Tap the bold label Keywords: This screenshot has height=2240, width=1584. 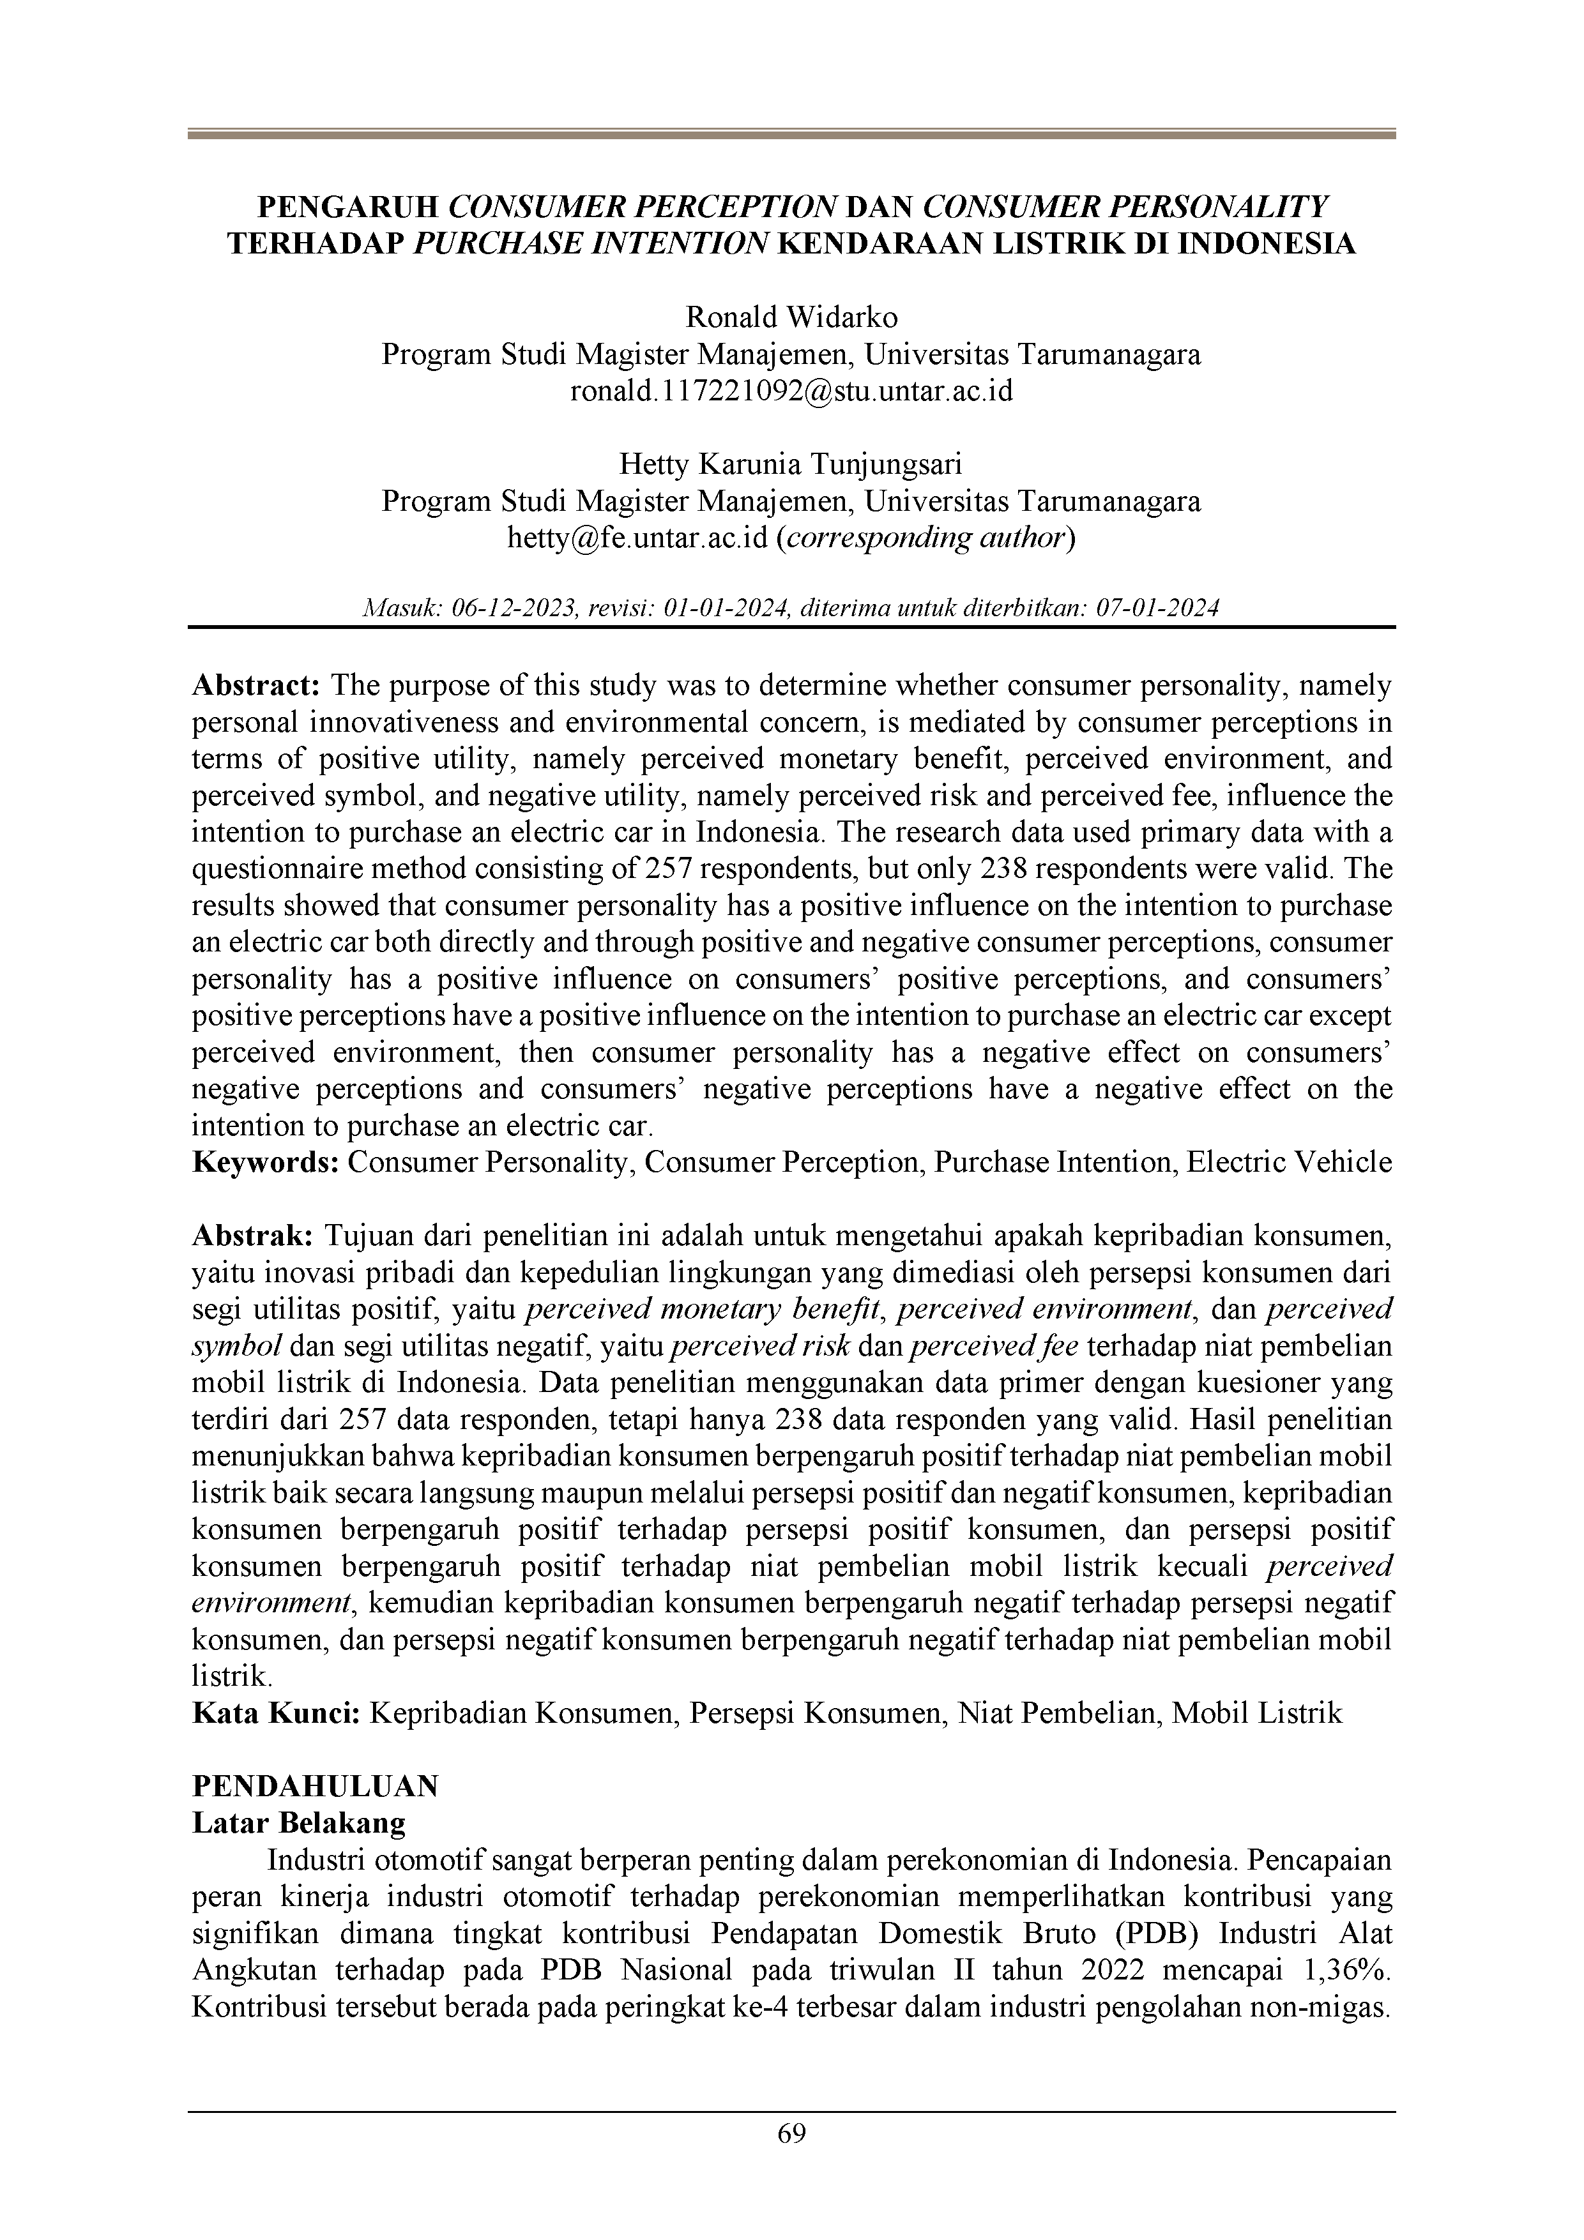point(266,1162)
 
